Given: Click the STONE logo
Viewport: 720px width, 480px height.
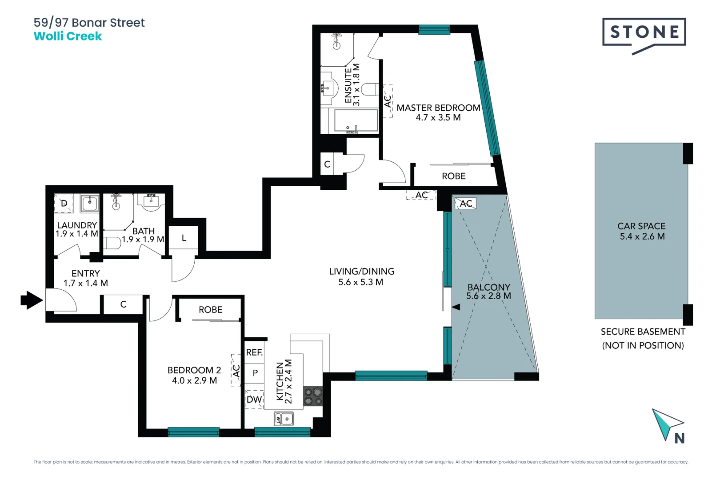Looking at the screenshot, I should [x=644, y=32].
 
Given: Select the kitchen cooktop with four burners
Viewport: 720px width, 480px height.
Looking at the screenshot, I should [x=313, y=396].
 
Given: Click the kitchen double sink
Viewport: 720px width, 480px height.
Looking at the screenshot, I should [x=284, y=419].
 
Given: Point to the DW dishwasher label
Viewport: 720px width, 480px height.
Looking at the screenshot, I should [x=254, y=399].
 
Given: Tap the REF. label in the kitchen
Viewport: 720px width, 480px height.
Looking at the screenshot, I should [x=255, y=352].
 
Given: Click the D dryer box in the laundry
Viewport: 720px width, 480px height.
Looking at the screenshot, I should [x=64, y=204].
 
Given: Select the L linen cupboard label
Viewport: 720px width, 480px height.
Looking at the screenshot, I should [x=184, y=238].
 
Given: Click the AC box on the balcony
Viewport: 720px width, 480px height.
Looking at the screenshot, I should [x=466, y=204].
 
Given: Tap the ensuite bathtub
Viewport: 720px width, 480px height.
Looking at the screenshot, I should [x=356, y=120].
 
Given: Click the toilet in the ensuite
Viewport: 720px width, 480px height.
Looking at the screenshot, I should [x=368, y=89].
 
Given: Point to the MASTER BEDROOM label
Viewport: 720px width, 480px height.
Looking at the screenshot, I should [x=438, y=108].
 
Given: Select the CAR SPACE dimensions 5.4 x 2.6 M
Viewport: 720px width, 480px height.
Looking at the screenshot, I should [x=642, y=236].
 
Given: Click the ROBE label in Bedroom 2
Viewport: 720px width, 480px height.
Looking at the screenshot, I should [x=211, y=310].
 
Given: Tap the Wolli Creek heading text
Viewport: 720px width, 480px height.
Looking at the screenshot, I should [x=68, y=36].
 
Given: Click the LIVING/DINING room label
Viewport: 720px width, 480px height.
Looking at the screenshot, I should [x=361, y=271].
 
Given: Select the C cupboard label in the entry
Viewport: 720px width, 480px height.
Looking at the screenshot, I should [x=123, y=304].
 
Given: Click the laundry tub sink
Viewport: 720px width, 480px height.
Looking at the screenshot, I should [x=90, y=204].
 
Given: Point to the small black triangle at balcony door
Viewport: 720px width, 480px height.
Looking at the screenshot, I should [x=456, y=307].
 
